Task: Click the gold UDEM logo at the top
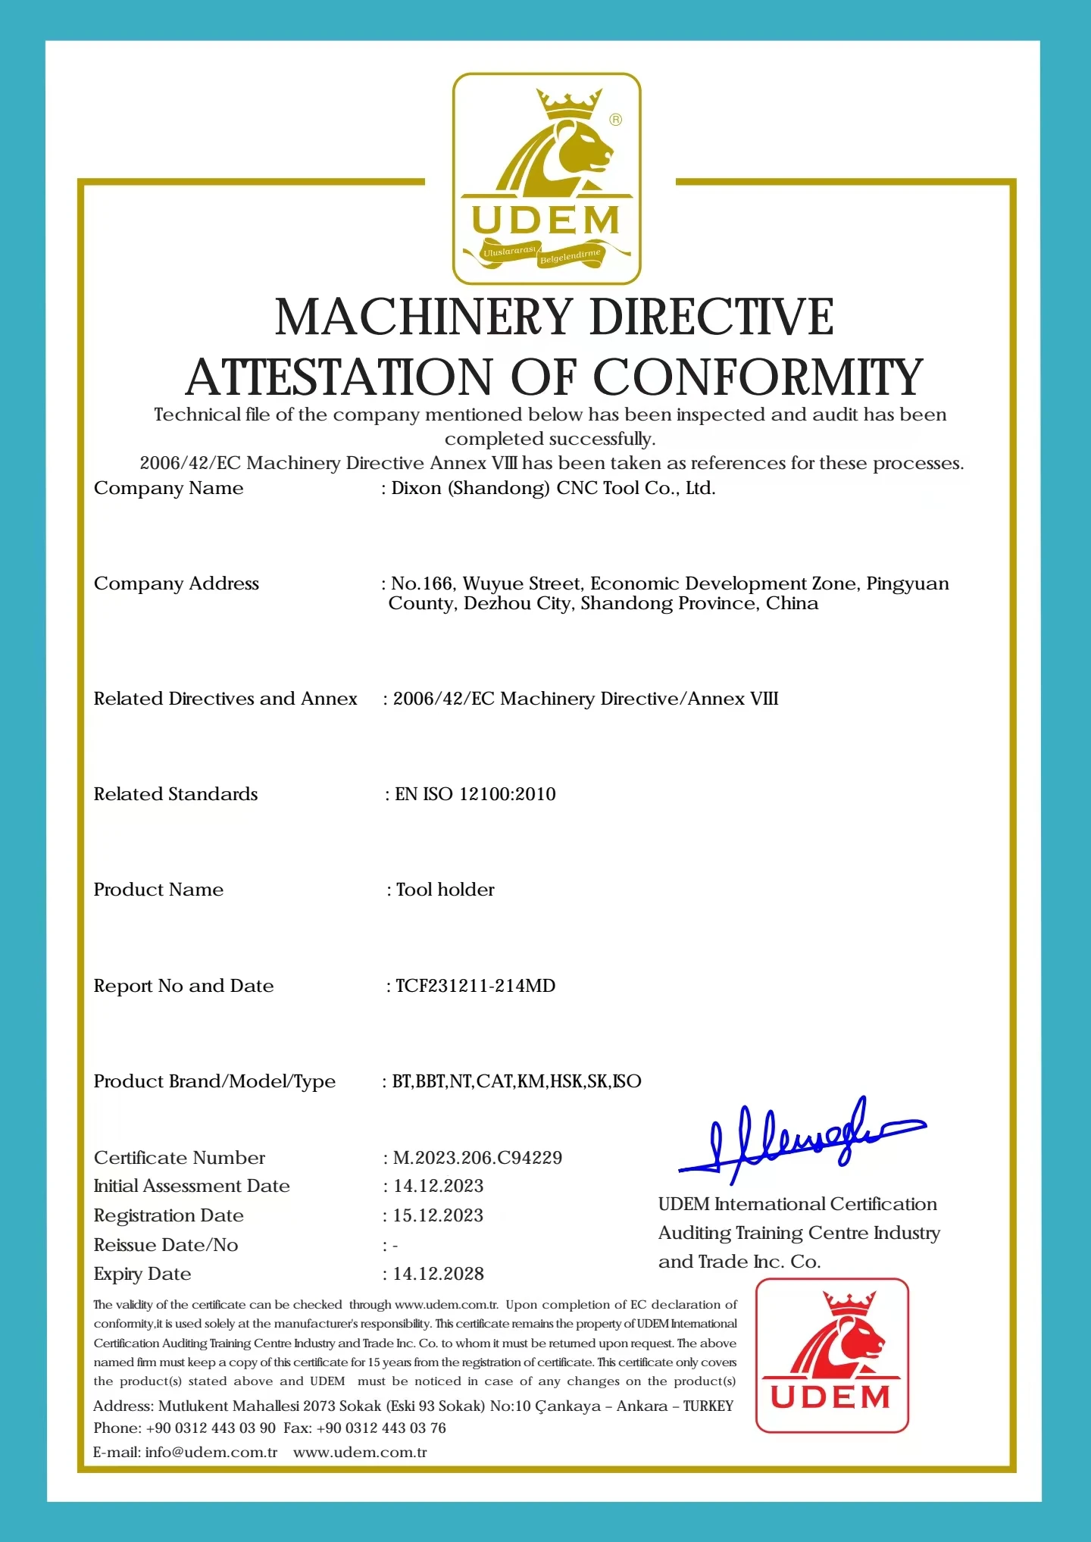pos(546,179)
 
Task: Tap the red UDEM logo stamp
pos(832,1356)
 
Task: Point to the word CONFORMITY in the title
pos(758,377)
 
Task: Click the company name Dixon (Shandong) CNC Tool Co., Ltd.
pos(553,489)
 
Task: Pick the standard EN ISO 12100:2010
pos(475,794)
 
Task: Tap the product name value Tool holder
pos(445,890)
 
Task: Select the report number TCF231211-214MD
pos(475,986)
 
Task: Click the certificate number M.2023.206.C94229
pos(477,1158)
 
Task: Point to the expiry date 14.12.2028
pos(438,1274)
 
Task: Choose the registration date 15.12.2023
pos(438,1215)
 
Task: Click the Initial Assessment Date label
pos(192,1186)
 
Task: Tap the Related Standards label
pos(176,794)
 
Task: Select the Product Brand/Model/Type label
pos(214,1081)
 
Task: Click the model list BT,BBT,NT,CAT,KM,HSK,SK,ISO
pos(517,1081)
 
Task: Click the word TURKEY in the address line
pos(708,1406)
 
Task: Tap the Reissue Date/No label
pos(166,1245)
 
